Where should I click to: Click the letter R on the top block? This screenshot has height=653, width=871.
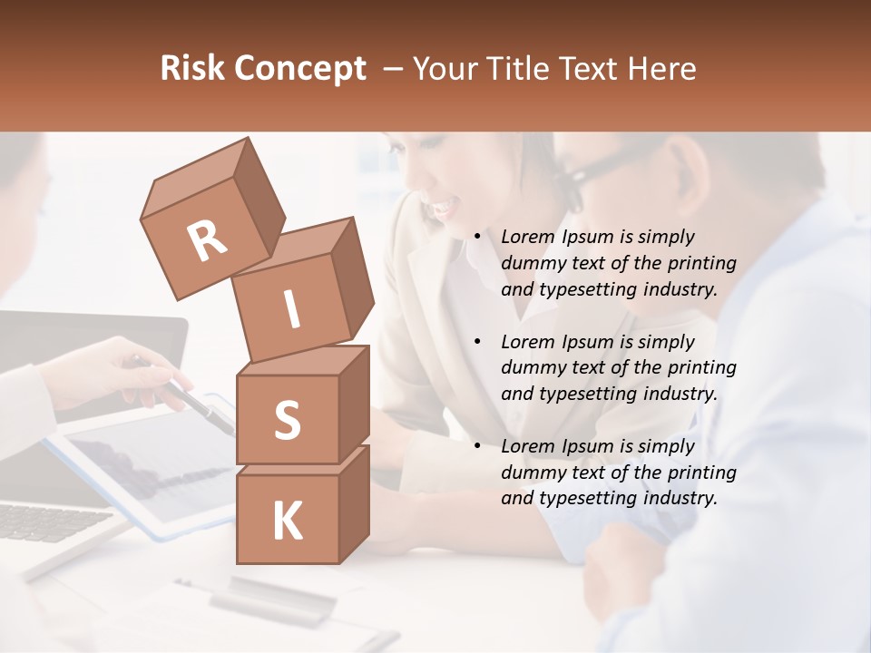coord(207,240)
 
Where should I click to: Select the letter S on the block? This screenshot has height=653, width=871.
coord(287,420)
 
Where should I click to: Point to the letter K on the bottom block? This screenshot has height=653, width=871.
coord(287,521)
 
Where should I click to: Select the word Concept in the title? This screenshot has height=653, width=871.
coord(301,69)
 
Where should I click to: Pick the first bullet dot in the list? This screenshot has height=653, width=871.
coord(477,238)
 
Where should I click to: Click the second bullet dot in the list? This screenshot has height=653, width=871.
coord(477,342)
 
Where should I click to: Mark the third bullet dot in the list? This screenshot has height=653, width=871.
coord(477,446)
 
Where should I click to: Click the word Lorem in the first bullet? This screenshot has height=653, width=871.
coord(525,237)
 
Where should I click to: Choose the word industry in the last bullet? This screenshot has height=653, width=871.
coord(677,498)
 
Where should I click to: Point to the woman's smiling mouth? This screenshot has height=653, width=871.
coord(442,208)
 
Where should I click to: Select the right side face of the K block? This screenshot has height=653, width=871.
coord(354,503)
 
